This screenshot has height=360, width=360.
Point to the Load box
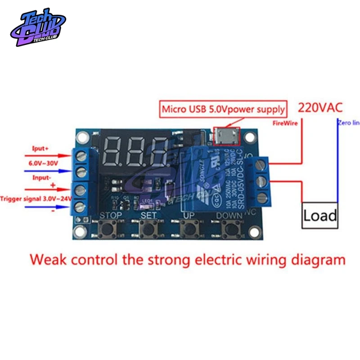(319, 216)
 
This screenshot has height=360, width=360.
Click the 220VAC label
(320, 108)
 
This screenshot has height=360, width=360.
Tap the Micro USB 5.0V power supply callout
(223, 109)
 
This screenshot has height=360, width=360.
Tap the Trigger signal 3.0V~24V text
(35, 198)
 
